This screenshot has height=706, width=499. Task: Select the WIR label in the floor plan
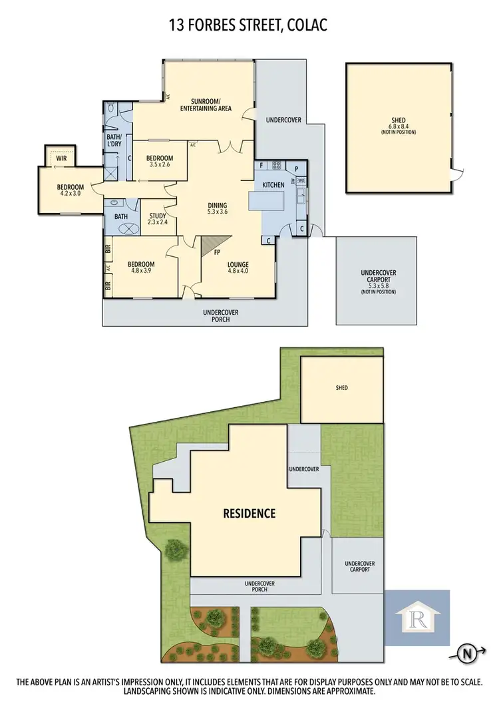61,158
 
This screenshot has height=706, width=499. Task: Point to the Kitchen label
273,184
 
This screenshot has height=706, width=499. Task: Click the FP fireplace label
217,253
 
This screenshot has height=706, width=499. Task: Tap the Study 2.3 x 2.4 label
158,219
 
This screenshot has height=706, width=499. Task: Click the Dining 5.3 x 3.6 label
218,208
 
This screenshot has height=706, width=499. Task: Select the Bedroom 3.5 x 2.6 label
160,160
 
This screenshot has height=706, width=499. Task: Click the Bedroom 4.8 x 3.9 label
141,267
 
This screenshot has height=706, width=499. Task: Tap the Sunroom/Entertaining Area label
206,105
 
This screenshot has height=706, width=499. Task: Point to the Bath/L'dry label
114,141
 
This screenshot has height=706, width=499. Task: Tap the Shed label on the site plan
341,387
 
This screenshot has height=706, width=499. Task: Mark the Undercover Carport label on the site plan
360,568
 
